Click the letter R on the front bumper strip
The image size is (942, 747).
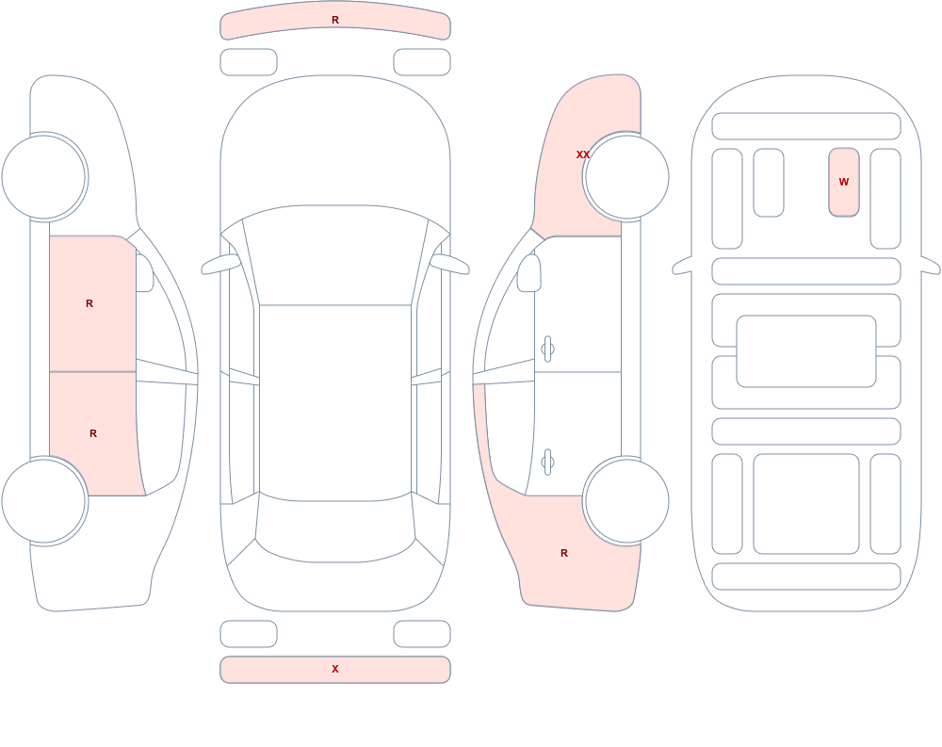[x=335, y=20]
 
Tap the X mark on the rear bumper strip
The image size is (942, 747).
[x=335, y=669]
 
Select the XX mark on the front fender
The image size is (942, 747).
[x=583, y=154]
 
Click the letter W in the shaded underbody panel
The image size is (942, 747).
[x=843, y=182]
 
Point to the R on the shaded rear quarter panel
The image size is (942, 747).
[x=564, y=553]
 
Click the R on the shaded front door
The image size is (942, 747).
[x=89, y=303]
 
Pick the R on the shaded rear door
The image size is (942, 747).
[x=93, y=433]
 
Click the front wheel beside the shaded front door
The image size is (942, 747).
[x=44, y=177]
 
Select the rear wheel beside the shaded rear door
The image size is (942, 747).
[x=44, y=500]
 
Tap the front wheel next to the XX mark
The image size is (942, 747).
[x=626, y=177]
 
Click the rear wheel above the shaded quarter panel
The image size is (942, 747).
[x=626, y=500]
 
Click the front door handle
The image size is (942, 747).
[x=547, y=349]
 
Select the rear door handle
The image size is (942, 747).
[x=547, y=463]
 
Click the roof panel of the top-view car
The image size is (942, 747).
[x=335, y=402]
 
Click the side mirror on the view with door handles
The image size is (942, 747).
[x=529, y=273]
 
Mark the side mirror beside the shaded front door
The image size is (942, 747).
[x=144, y=273]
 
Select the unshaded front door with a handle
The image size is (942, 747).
[x=578, y=304]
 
